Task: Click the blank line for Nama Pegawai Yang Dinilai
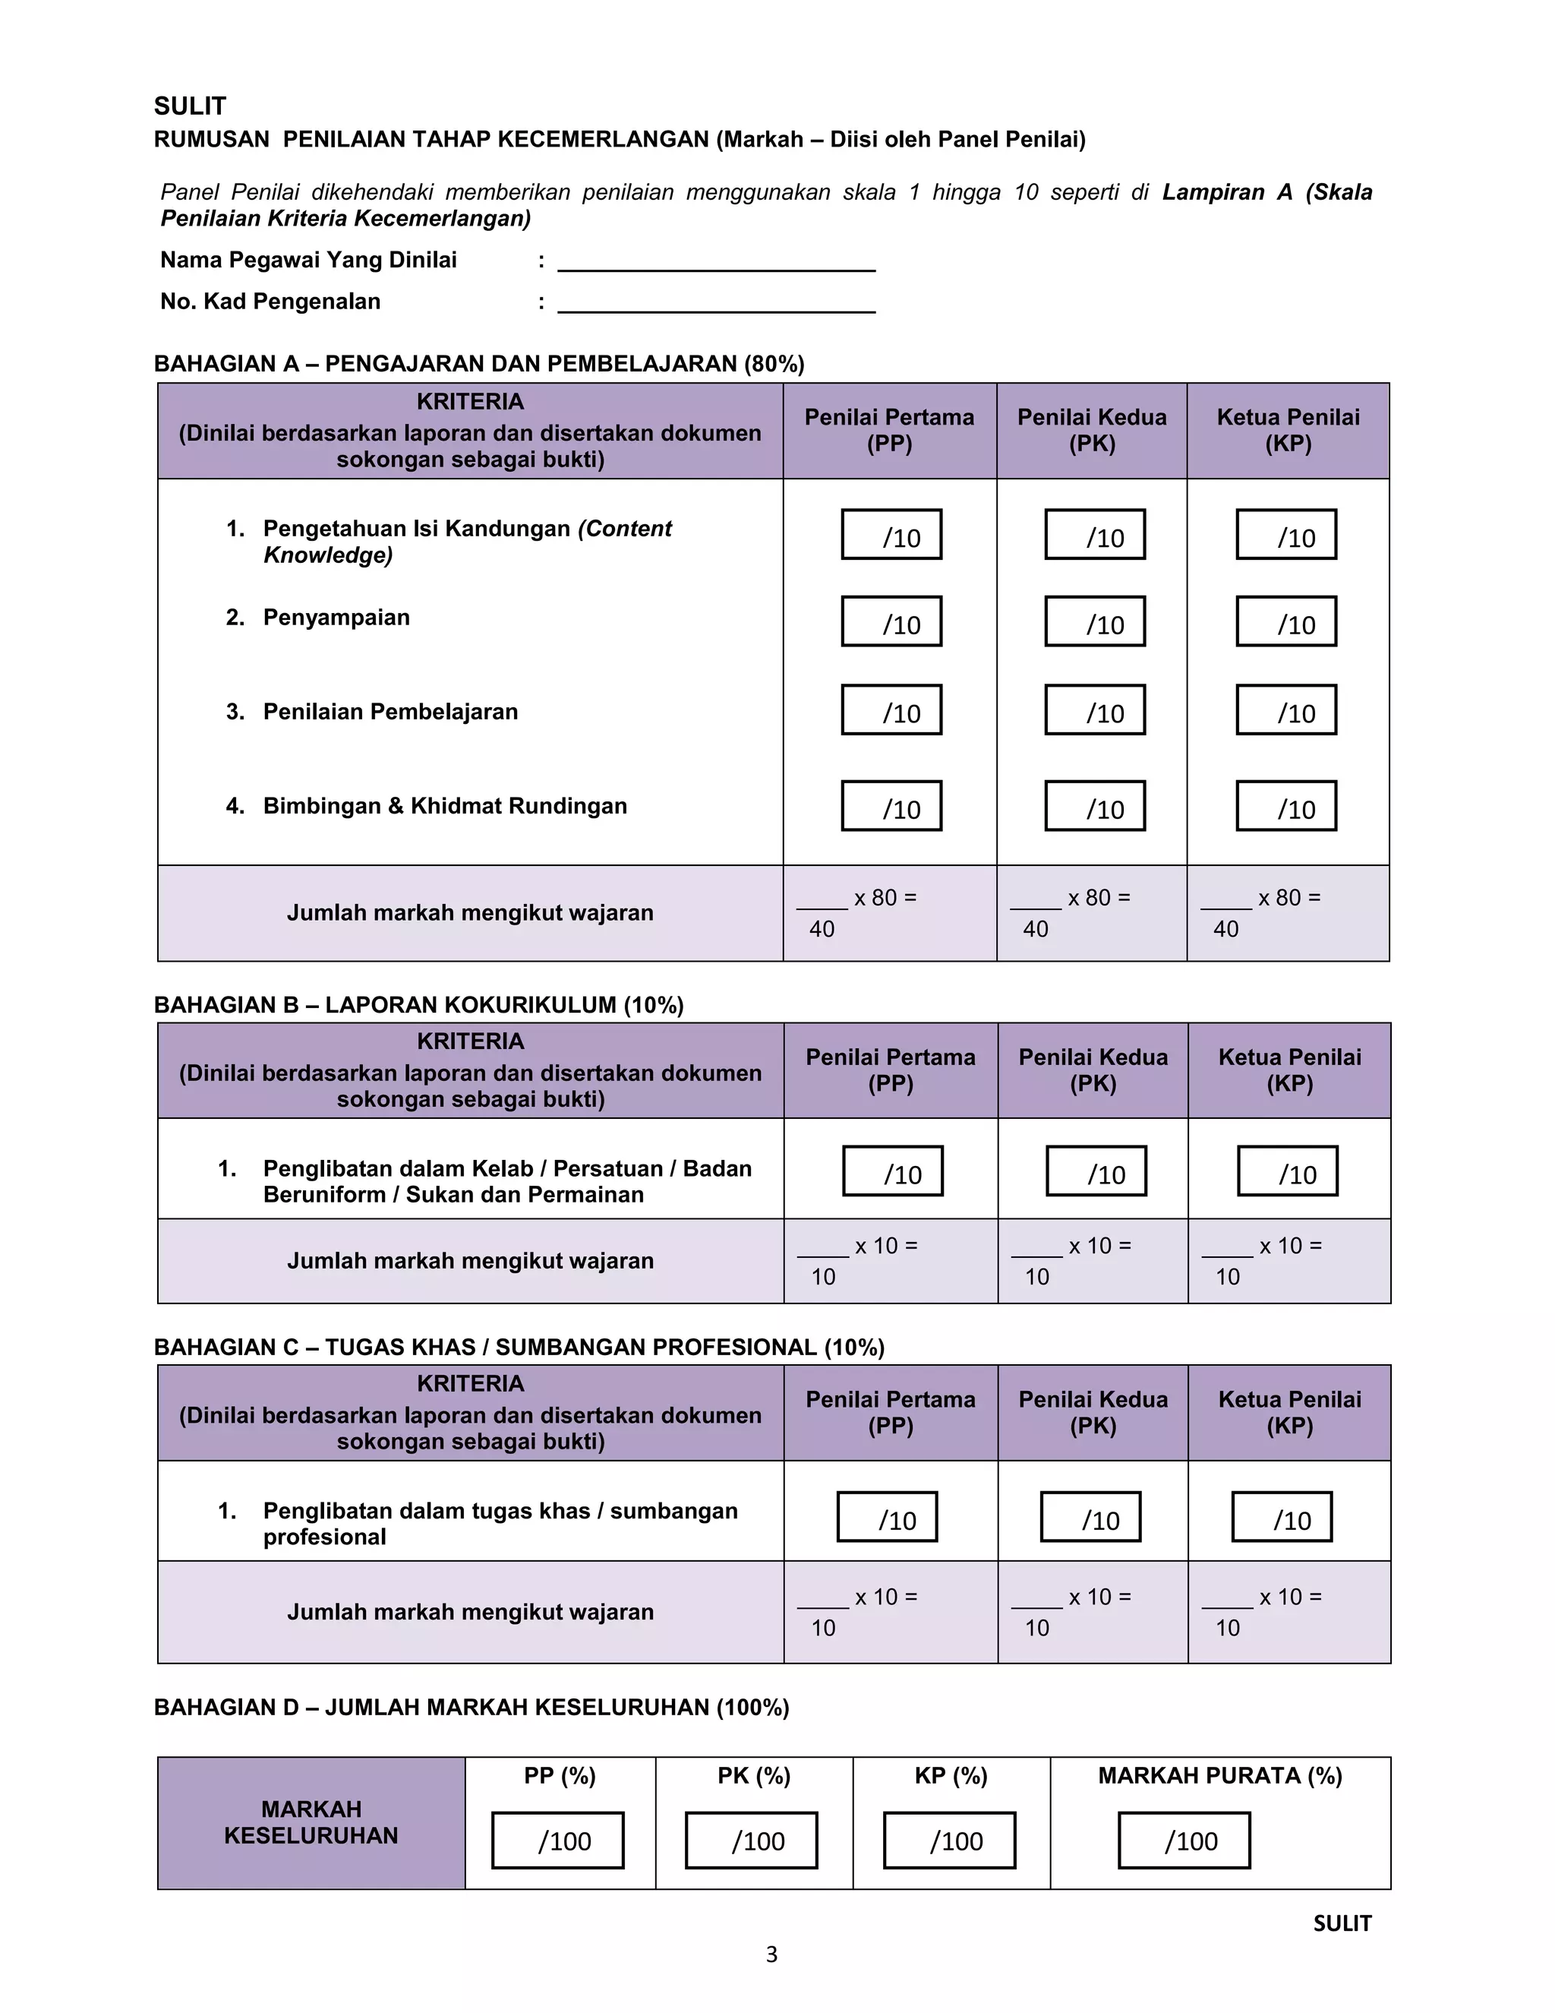tap(716, 264)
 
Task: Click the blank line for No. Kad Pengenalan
tap(716, 306)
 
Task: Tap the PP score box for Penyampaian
tap(891, 621)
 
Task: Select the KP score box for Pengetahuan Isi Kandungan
tap(1286, 535)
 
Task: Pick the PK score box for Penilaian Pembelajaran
tap(1094, 709)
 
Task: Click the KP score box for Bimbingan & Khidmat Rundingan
tap(1286, 805)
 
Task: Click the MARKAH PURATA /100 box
tap(1184, 1841)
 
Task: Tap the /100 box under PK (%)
tap(751, 1841)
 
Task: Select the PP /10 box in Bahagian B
tap(893, 1171)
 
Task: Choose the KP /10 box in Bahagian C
tap(1282, 1517)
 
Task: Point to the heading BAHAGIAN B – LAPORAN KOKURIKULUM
tap(418, 1005)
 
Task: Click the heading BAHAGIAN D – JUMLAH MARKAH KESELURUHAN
tap(471, 1707)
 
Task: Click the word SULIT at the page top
tap(190, 106)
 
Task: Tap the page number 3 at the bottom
tap(771, 1954)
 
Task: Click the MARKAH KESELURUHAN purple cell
tap(311, 1822)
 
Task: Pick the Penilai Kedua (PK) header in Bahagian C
tap(1093, 1412)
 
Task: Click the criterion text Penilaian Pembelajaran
tap(390, 712)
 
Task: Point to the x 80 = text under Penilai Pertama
tap(885, 898)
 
